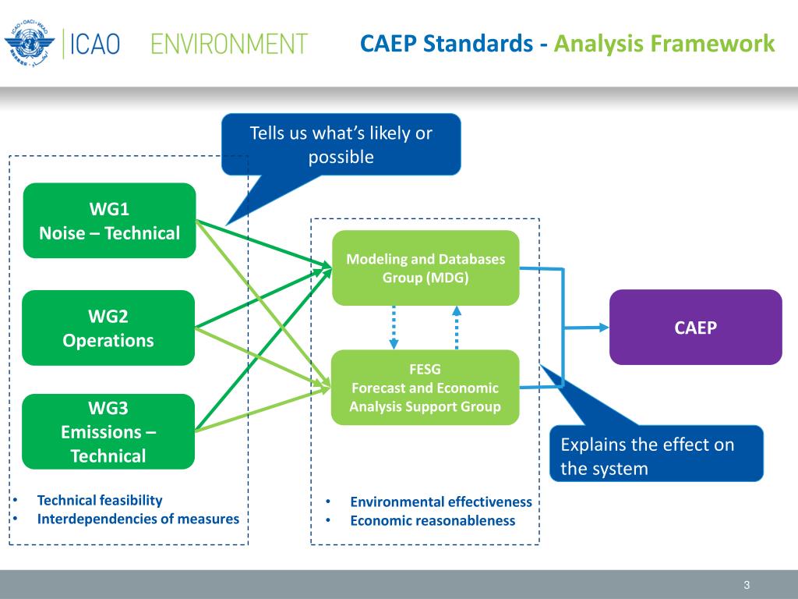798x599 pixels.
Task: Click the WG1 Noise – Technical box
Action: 109,221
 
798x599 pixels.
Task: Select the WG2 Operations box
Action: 108,328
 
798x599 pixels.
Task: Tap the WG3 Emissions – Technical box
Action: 108,431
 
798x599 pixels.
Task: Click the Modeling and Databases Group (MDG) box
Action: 425,268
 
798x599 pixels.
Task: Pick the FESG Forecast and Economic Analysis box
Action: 425,388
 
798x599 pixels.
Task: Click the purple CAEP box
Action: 695,328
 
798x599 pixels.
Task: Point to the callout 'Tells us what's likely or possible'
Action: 341,144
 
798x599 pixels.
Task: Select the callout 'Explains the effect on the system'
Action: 656,456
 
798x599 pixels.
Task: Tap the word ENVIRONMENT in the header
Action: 229,44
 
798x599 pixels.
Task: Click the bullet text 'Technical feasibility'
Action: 100,501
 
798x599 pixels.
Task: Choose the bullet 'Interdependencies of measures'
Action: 138,519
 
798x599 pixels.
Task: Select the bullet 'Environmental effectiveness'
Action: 440,502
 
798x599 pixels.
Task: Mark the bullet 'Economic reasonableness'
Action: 433,520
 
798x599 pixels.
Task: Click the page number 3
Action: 747,585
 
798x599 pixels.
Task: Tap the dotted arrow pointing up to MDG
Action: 457,327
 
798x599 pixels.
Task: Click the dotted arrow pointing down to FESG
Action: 394,327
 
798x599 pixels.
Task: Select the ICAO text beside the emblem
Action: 97,44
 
